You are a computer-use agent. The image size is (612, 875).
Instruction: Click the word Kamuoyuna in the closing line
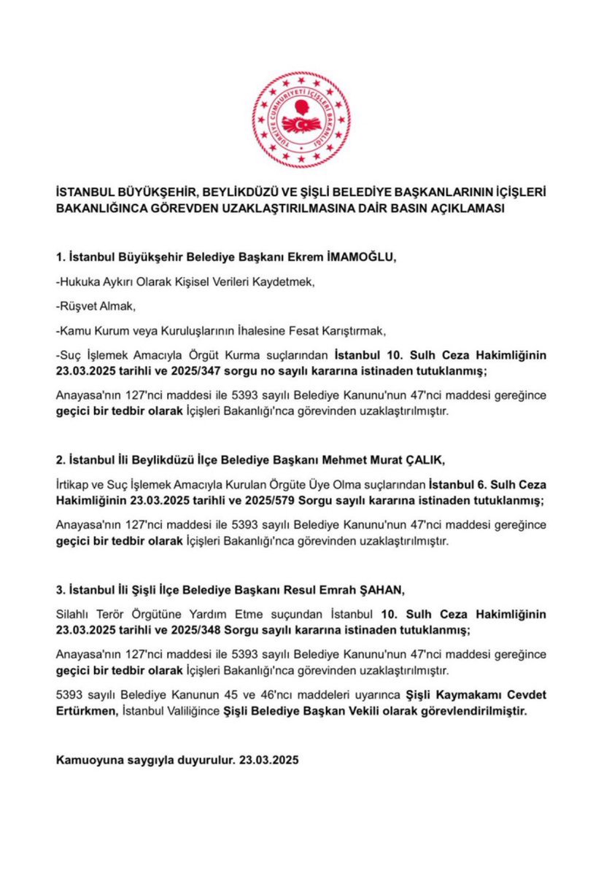pyautogui.click(x=90, y=759)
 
